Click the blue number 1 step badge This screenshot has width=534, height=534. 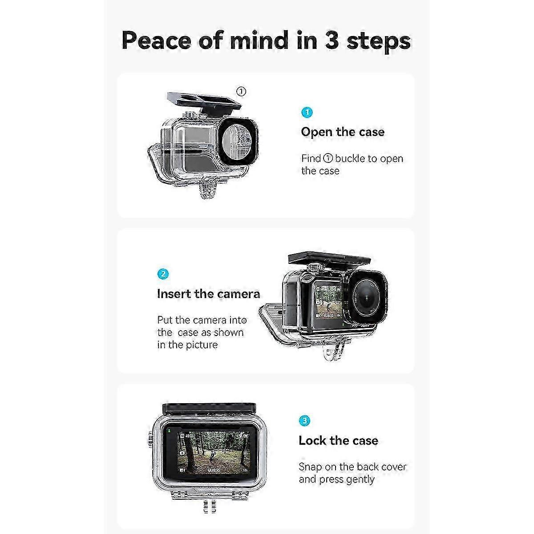pos(307,113)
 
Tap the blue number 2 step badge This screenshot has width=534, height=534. pos(163,274)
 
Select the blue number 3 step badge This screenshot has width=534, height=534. pos(304,421)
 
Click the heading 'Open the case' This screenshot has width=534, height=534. pos(343,132)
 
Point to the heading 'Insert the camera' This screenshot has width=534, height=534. pos(208,294)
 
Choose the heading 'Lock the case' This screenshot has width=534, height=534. pos(338,441)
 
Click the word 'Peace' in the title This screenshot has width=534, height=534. pos(157,40)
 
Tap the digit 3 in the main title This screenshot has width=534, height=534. pos(332,40)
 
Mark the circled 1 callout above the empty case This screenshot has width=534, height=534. pos(241,92)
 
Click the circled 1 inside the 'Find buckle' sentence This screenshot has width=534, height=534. pos(328,158)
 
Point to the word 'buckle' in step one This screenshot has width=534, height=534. pos(350,158)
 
